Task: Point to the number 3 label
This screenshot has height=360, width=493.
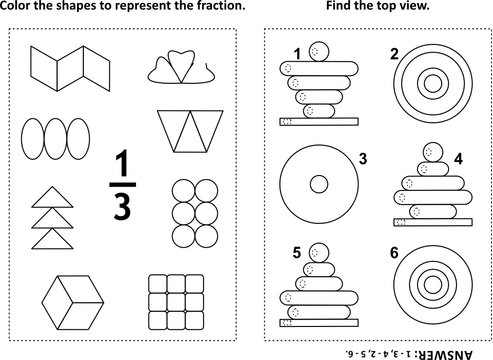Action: [364, 158]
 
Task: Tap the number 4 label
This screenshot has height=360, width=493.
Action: [457, 158]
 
